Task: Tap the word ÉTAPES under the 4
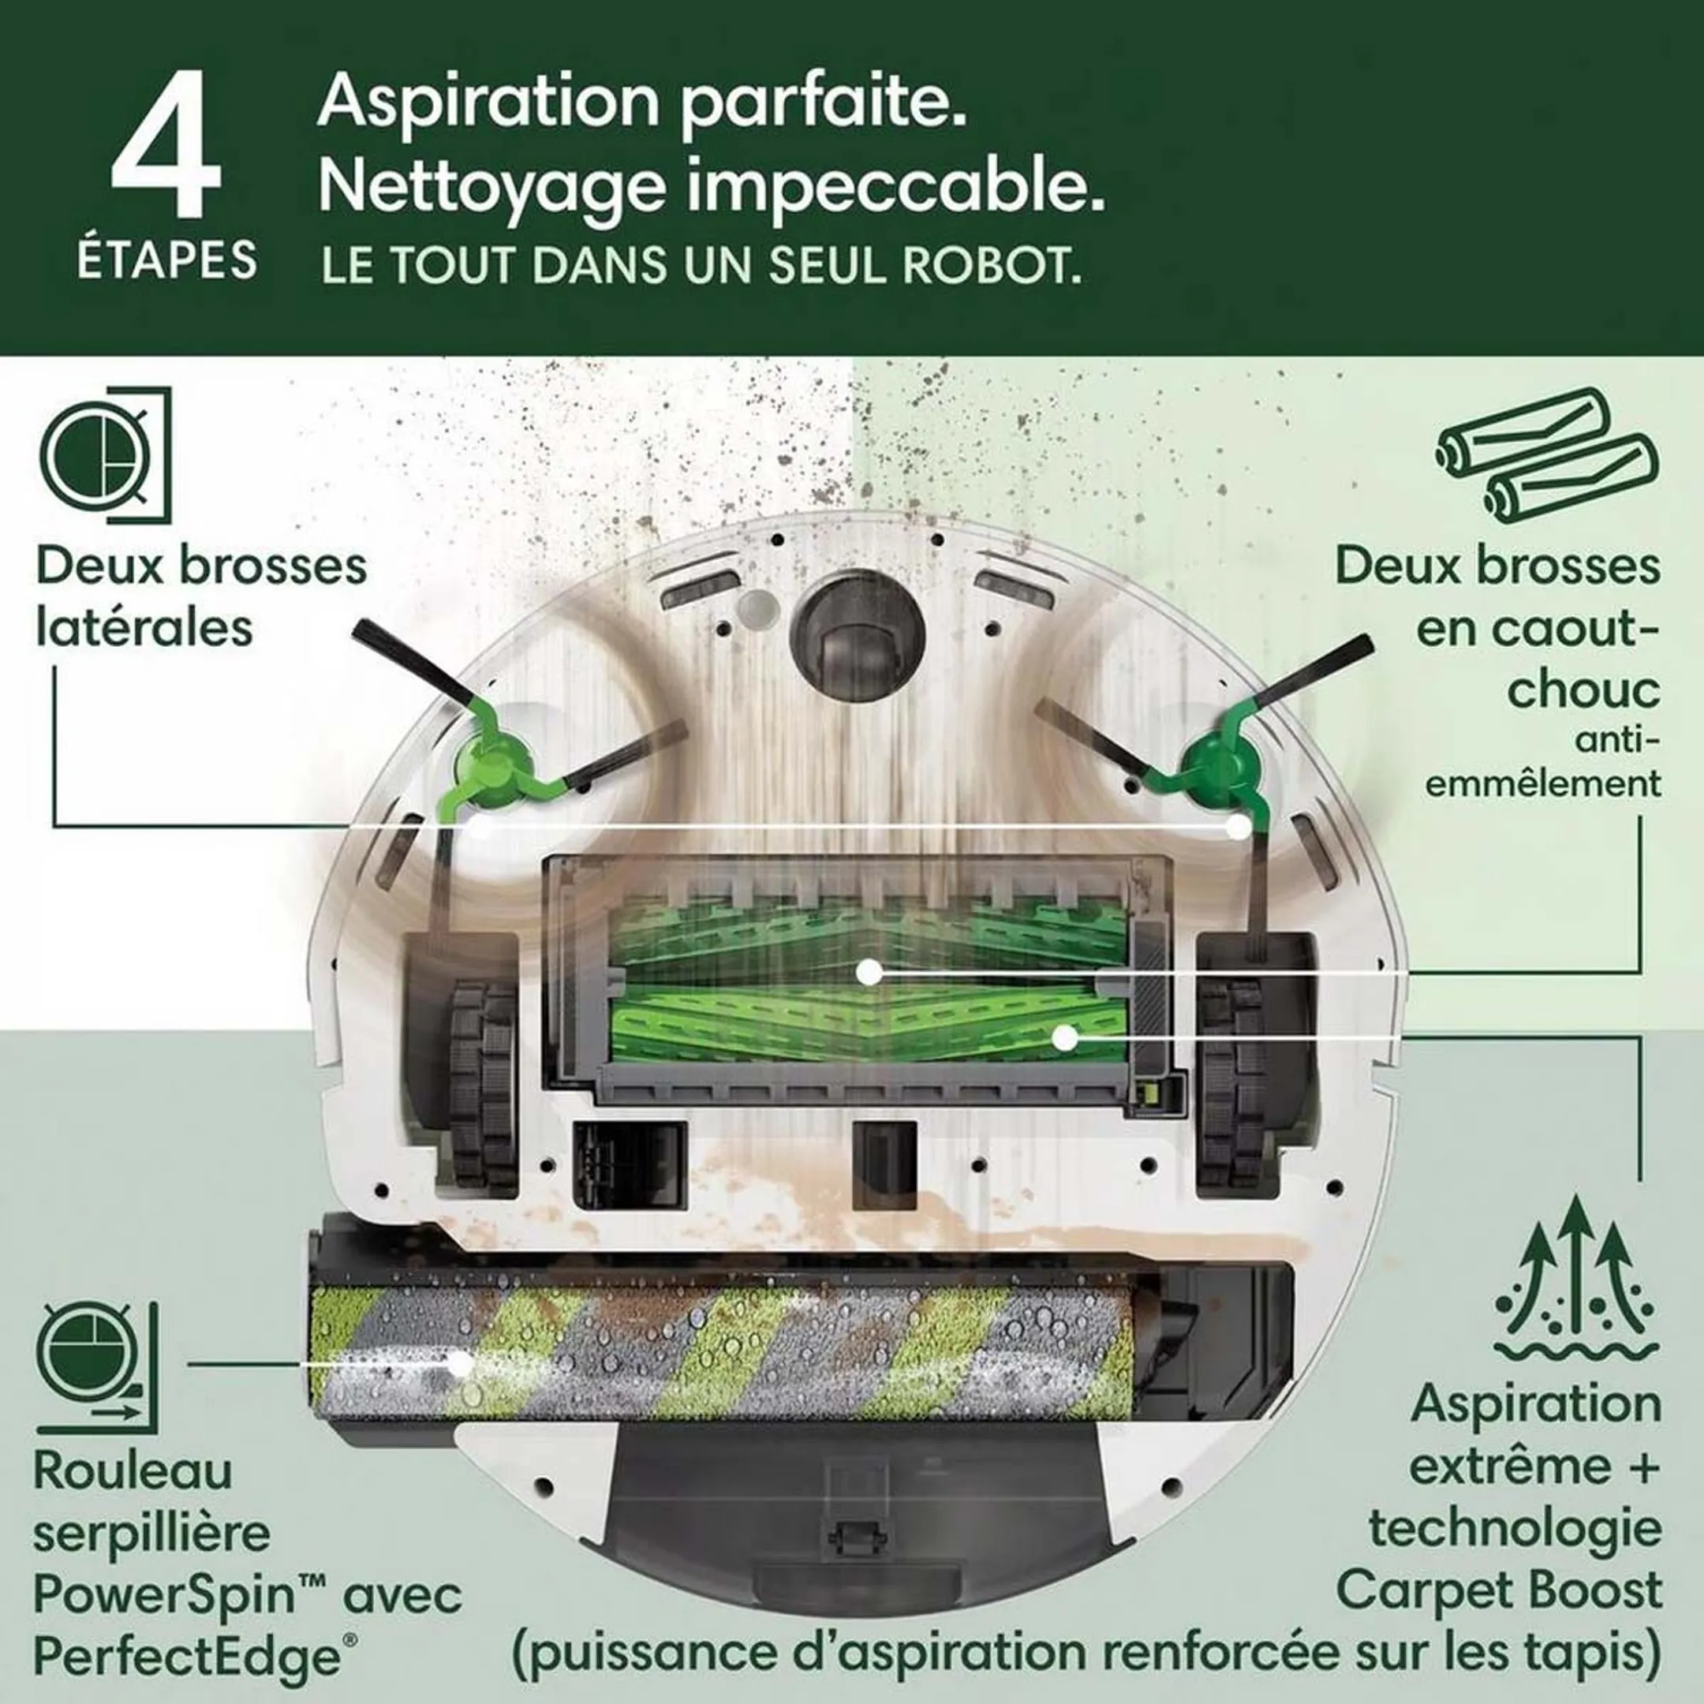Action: [166, 260]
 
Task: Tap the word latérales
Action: [144, 628]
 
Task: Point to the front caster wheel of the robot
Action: [858, 636]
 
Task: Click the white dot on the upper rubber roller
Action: [870, 972]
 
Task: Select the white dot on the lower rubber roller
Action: [1066, 1038]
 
